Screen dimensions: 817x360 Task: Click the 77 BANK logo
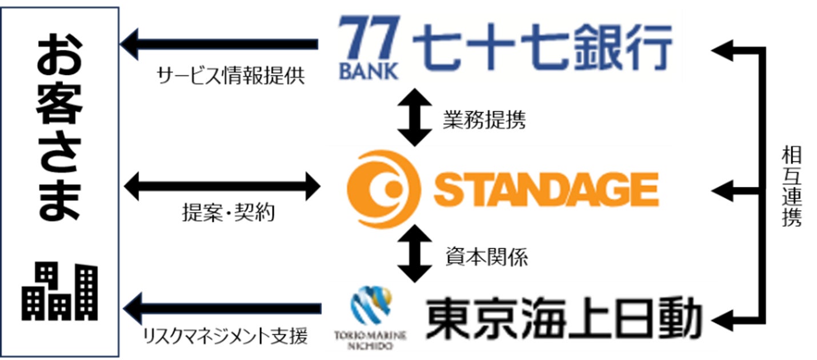point(367,48)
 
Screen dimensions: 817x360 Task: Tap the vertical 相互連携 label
point(791,186)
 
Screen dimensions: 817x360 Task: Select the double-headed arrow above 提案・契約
point(222,185)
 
